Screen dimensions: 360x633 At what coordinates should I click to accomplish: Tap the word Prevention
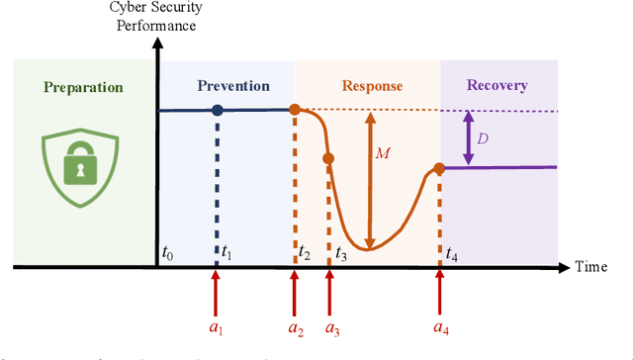point(232,86)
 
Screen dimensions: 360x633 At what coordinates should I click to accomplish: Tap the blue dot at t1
point(218,110)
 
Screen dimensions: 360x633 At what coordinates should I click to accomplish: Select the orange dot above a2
point(294,110)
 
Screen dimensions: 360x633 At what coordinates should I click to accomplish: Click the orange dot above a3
point(329,158)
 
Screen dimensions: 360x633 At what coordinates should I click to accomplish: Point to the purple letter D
point(482,138)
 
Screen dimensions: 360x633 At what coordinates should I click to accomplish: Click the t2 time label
point(305,253)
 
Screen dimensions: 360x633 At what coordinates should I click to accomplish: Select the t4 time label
point(451,254)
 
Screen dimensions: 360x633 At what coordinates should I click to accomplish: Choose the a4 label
point(440,325)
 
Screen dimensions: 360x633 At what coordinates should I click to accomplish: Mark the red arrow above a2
point(294,292)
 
